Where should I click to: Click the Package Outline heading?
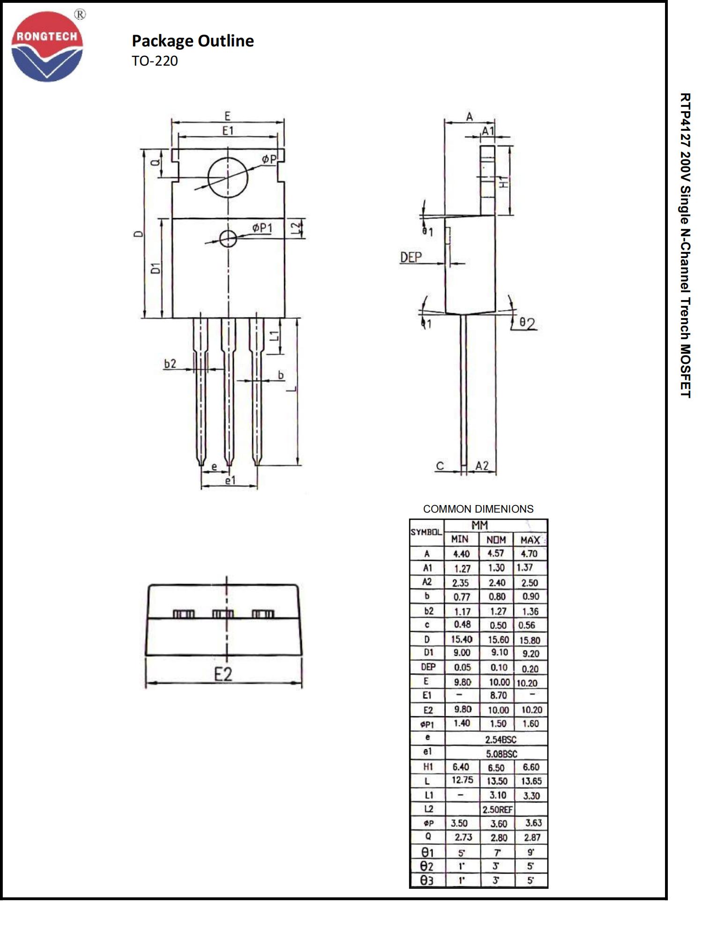tap(193, 41)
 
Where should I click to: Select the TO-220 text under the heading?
tap(155, 61)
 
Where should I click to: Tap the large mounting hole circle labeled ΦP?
tap(228, 177)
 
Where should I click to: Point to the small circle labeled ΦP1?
tap(228, 239)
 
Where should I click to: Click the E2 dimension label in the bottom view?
tap(223, 674)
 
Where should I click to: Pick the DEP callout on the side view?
tap(411, 257)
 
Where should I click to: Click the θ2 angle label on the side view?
tap(527, 323)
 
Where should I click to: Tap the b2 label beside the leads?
tap(170, 363)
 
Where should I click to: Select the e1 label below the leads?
tap(230, 480)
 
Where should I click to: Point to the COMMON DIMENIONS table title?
tap(478, 509)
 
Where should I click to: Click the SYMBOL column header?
tap(426, 532)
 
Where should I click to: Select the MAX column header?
tap(530, 540)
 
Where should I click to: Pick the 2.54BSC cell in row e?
tap(501, 740)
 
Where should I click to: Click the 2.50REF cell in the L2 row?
tap(498, 809)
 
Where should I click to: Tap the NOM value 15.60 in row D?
tap(498, 640)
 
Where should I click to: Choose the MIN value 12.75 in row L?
tap(462, 780)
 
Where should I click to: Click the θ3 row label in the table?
tap(426, 880)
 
